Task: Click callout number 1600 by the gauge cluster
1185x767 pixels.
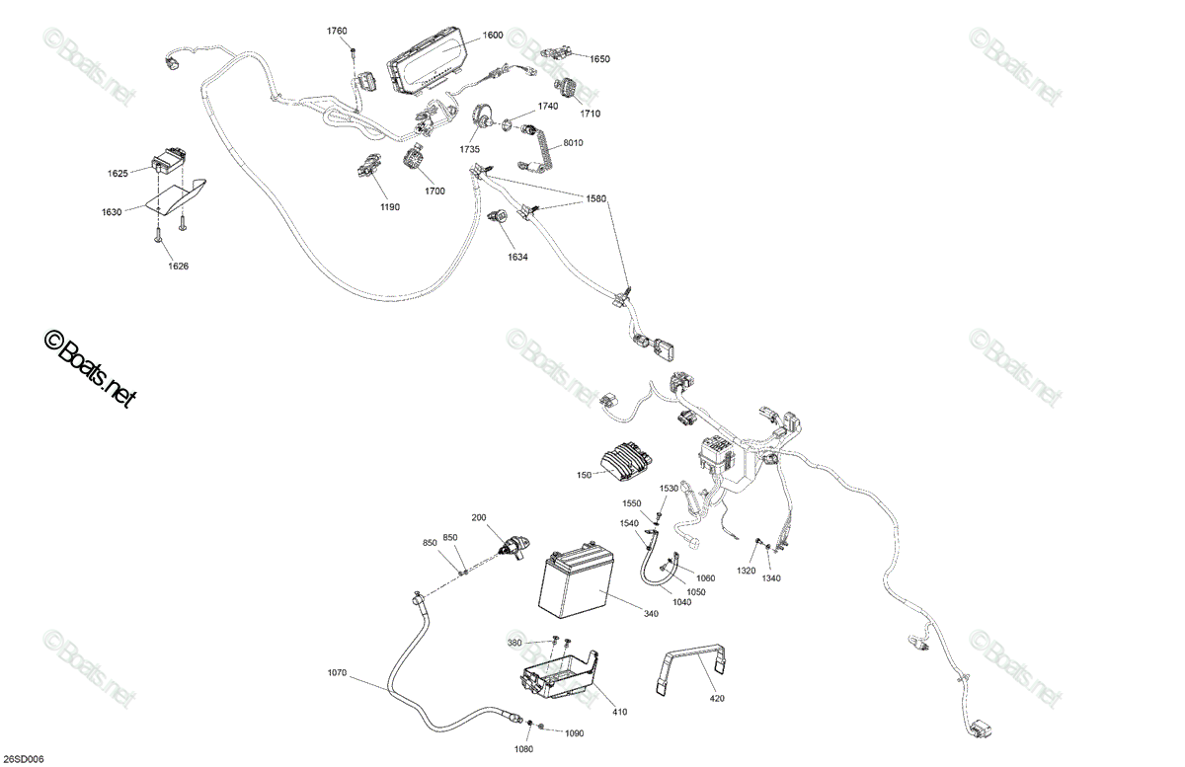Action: (x=493, y=35)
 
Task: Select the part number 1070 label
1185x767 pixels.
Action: (x=337, y=673)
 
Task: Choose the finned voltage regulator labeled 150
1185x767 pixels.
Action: (x=626, y=459)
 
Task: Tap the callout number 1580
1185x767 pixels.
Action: (x=595, y=198)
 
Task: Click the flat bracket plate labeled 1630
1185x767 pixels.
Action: (x=176, y=196)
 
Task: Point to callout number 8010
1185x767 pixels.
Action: (x=573, y=143)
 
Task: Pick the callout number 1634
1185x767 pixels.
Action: (x=517, y=257)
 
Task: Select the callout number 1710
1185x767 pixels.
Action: (x=590, y=114)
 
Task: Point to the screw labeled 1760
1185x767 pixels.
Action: (x=353, y=50)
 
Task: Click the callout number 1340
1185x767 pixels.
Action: (x=771, y=578)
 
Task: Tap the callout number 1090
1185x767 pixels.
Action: (x=574, y=733)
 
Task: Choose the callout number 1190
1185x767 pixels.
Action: (x=390, y=207)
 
